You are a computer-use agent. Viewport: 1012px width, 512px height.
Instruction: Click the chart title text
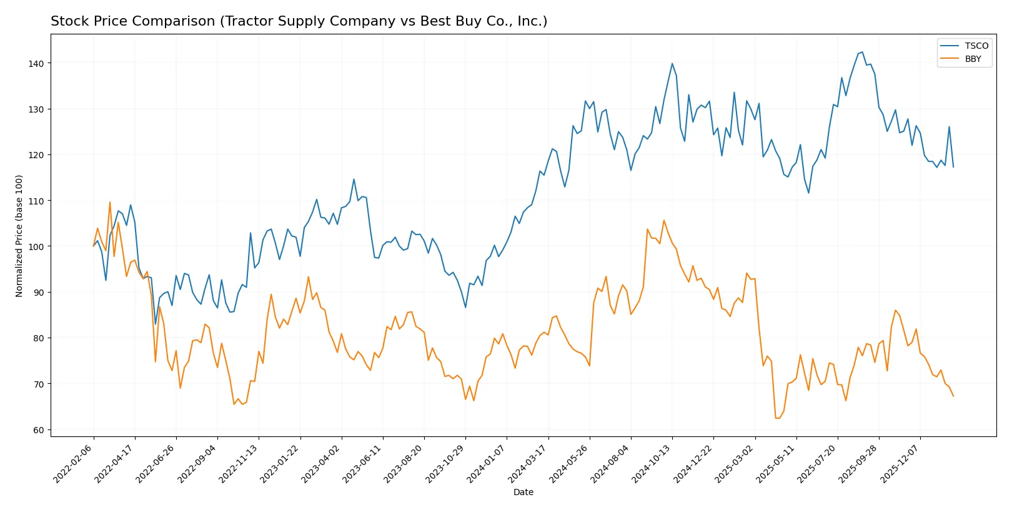coord(299,21)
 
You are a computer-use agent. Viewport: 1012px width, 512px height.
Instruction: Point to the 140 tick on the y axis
coord(36,64)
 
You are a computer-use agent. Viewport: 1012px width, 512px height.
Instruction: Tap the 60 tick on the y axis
coord(39,430)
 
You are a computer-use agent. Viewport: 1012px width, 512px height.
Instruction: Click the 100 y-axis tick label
coord(36,247)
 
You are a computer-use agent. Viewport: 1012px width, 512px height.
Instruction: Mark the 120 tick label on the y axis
coord(36,155)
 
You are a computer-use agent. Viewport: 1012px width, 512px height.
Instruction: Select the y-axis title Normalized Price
coord(19,236)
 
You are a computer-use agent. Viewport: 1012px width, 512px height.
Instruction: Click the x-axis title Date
coord(523,492)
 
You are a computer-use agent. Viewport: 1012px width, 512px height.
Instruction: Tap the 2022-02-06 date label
coord(74,463)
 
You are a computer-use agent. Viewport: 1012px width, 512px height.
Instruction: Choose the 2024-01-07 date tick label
coord(487,463)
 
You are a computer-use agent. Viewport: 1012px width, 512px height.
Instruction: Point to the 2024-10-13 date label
coord(652,463)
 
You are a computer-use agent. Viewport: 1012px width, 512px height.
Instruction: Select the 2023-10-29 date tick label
coord(445,463)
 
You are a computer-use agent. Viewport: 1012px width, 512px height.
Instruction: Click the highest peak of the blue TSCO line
coord(862,53)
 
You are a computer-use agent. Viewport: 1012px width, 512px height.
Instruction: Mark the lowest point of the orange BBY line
coord(776,418)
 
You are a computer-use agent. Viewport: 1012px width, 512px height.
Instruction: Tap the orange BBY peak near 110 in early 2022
coord(110,202)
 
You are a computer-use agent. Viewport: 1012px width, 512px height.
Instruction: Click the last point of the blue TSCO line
coord(953,167)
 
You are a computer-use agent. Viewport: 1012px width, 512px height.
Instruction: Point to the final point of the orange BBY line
coord(953,396)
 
